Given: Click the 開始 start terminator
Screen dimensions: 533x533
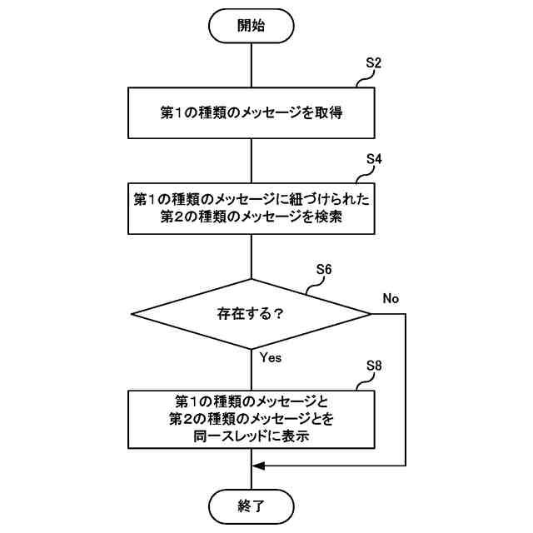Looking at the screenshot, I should (251, 25).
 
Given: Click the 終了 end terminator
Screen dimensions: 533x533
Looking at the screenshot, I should (251, 505).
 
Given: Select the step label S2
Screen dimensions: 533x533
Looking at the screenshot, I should (374, 63).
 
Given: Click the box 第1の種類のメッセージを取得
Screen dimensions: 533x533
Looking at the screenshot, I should (251, 113).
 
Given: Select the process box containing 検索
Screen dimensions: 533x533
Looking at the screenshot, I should (251, 209).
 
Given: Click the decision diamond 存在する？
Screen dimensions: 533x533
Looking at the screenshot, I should (251, 314).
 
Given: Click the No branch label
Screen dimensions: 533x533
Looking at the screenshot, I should (391, 297).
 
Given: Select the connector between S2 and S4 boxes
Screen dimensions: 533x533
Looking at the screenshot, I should (251, 161).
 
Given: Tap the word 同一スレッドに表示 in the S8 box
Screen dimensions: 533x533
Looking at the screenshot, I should (251, 435).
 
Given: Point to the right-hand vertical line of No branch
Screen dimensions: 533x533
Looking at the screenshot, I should (405, 391).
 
